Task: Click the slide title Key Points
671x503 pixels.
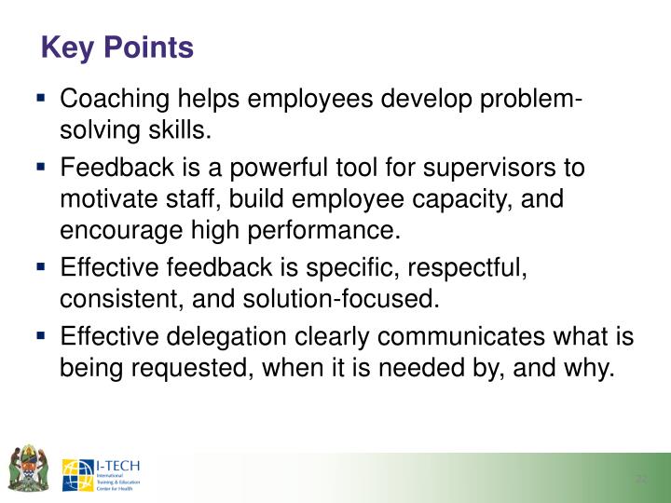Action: [117, 48]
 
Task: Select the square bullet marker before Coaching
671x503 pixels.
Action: [43, 98]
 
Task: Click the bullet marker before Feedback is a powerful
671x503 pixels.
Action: [43, 168]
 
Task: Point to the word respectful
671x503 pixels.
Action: [460, 268]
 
